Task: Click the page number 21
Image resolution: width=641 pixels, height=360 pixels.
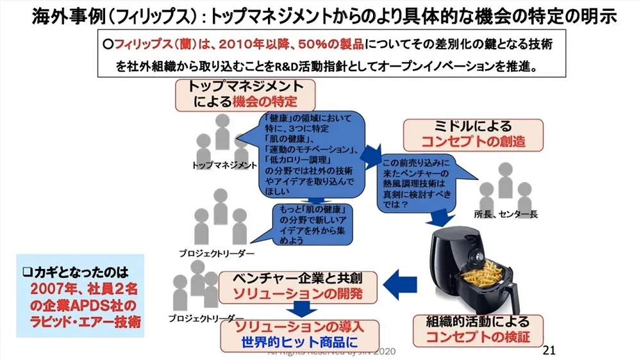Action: coord(548,350)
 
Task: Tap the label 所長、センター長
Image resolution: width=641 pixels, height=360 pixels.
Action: coord(506,215)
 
